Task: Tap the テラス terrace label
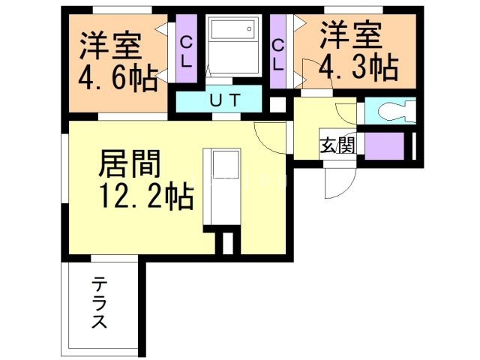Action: (x=99, y=303)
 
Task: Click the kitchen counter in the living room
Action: (x=222, y=187)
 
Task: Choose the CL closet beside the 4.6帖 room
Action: (x=185, y=52)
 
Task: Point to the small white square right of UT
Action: (x=277, y=104)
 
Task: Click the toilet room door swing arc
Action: (x=346, y=112)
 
